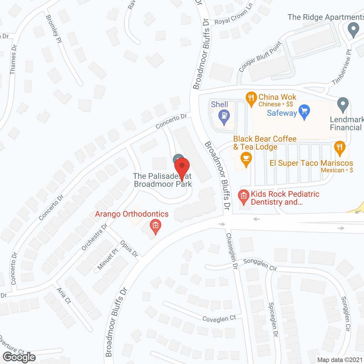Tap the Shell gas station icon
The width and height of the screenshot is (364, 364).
click(x=224, y=116)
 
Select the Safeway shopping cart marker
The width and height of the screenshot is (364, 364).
click(x=304, y=111)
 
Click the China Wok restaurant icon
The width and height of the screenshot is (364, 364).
click(x=251, y=98)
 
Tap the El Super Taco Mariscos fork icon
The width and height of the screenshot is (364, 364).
click(x=340, y=148)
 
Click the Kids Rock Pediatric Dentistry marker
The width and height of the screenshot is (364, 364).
click(x=243, y=196)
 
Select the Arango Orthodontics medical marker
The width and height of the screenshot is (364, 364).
click(x=155, y=226)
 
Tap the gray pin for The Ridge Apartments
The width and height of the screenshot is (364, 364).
click(x=353, y=29)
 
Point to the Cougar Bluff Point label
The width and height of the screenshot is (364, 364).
click(x=260, y=57)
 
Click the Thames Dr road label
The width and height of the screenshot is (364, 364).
click(x=13, y=59)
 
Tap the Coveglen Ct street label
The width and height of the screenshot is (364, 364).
click(x=219, y=319)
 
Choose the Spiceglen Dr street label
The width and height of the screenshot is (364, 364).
click(x=273, y=320)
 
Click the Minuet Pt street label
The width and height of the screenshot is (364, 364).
click(x=107, y=259)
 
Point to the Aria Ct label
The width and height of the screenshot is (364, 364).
click(x=63, y=296)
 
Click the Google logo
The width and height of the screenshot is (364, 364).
click(x=19, y=357)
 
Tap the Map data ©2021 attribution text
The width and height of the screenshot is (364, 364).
click(x=340, y=360)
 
